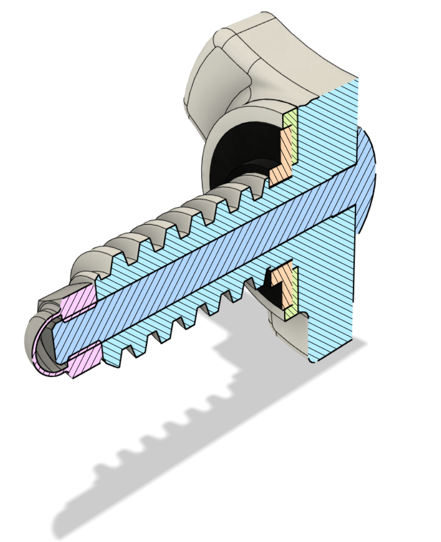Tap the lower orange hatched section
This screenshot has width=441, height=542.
(286, 288)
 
